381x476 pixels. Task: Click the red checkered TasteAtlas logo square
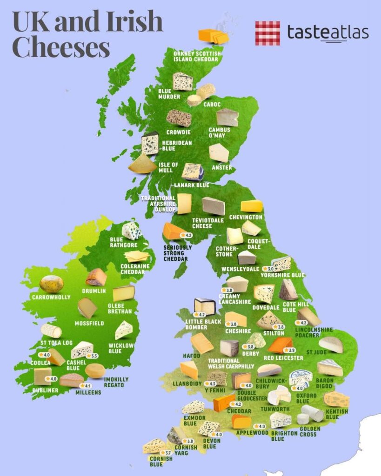tap(267, 33)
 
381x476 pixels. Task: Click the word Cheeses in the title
tap(60, 47)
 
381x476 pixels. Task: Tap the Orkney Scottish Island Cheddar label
tap(197, 56)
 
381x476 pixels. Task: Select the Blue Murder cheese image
tap(182, 81)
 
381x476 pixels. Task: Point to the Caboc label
tap(212, 105)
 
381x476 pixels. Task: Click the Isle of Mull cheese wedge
tap(143, 164)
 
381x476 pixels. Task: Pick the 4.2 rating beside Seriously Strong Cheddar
tap(189, 236)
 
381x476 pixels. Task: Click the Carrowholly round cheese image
tap(51, 284)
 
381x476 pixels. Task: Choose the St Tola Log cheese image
tap(51, 331)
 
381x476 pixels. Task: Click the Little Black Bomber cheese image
tap(205, 306)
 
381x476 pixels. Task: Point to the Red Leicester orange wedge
tap(280, 345)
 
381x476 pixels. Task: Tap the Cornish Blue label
tap(161, 461)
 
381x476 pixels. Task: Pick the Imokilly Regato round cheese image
tap(95, 370)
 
